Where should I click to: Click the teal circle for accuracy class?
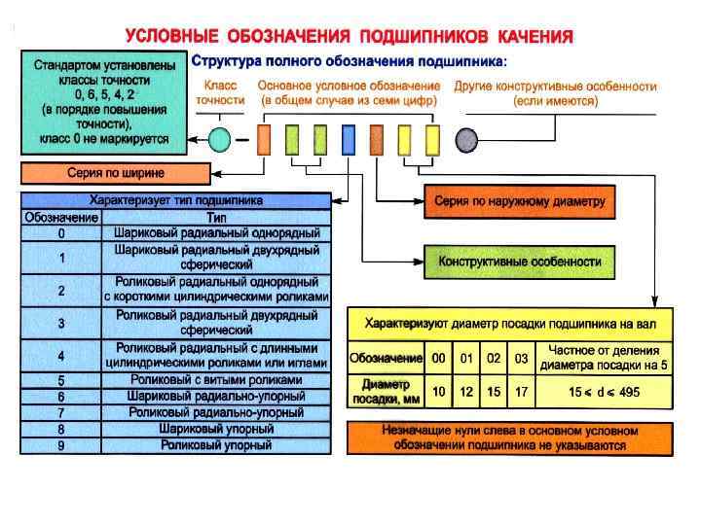click(220, 139)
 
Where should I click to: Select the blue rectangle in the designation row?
click(349, 139)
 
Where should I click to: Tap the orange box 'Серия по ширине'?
click(115, 175)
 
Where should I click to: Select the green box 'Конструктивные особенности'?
click(520, 262)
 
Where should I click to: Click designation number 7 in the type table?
click(61, 413)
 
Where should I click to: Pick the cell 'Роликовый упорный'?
click(216, 445)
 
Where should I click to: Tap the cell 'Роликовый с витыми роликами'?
click(216, 380)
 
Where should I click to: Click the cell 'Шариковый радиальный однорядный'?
click(216, 234)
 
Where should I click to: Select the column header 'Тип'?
click(216, 218)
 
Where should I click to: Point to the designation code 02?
click(494, 359)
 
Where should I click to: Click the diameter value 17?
click(522, 392)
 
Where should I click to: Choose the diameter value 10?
click(439, 392)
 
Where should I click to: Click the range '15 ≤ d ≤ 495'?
click(605, 392)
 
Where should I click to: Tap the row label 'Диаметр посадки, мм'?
click(386, 391)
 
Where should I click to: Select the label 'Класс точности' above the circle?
click(220, 92)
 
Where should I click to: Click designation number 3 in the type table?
click(61, 323)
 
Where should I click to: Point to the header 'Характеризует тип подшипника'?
click(175, 200)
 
